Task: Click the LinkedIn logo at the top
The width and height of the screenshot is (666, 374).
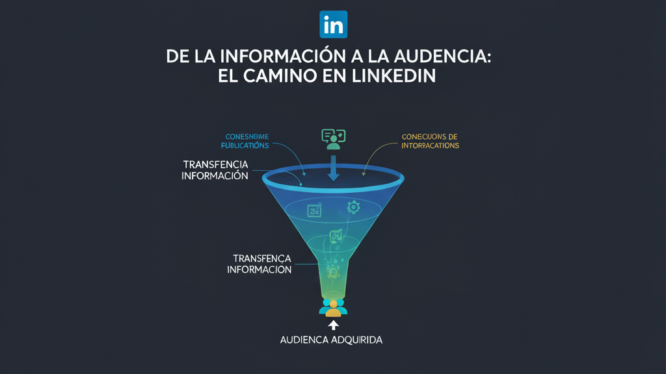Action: [334, 24]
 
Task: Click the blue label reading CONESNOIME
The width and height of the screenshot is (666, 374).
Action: [246, 136]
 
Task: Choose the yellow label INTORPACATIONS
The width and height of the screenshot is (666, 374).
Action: [431, 145]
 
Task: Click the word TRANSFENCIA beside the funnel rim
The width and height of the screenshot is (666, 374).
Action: [215, 164]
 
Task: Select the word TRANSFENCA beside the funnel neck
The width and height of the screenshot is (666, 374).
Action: [259, 258]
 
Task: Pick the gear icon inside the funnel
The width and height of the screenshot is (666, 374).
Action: [353, 207]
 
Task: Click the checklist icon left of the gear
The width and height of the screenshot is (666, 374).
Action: [315, 210]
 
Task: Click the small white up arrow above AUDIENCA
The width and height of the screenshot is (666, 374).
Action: [334, 325]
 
